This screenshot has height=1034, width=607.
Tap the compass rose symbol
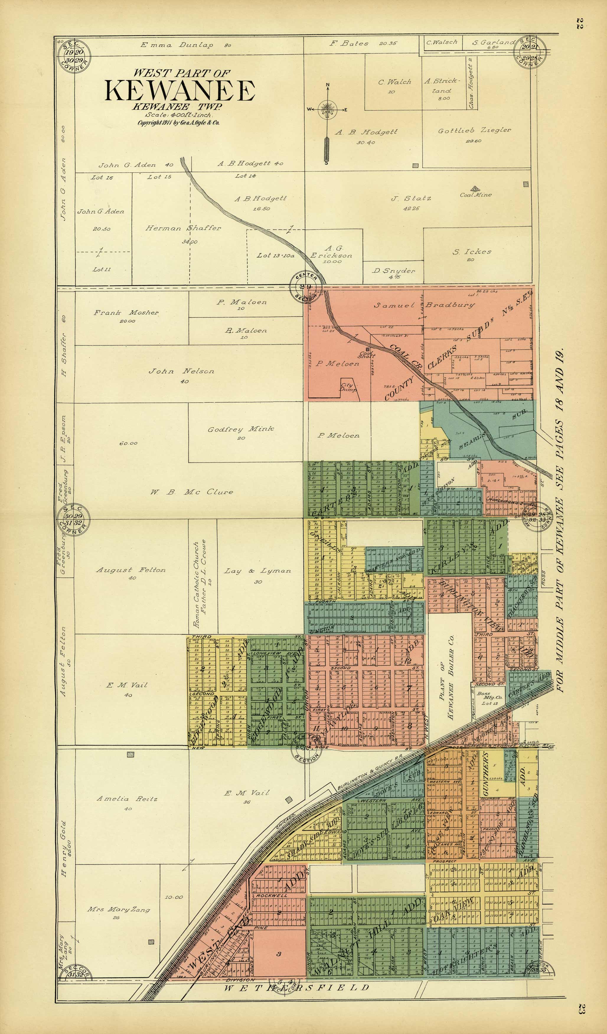click(327, 110)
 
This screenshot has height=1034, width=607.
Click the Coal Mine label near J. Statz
click(475, 194)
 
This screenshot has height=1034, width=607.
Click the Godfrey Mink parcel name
click(240, 430)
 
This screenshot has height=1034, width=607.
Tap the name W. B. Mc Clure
click(191, 492)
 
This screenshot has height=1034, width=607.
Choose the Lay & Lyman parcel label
click(257, 571)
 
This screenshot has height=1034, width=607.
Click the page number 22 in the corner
click(580, 23)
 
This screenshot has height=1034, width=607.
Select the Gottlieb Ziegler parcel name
click(474, 131)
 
